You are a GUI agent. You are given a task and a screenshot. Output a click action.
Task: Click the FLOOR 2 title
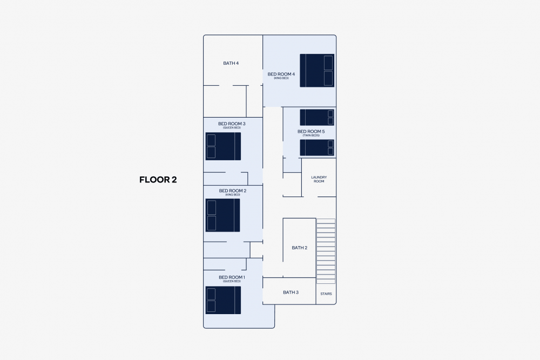(158, 180)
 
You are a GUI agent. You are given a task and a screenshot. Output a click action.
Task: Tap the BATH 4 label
(231, 63)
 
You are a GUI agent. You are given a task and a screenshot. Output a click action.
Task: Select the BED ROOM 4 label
(281, 74)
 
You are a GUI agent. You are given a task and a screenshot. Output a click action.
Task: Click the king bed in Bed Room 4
(317, 71)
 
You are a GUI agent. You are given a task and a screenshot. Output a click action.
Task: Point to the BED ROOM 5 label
(311, 132)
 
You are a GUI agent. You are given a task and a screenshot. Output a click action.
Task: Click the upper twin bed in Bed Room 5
(317, 117)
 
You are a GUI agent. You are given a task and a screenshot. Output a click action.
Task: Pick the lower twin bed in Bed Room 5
(317, 148)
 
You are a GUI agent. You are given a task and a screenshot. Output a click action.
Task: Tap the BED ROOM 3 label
(232, 124)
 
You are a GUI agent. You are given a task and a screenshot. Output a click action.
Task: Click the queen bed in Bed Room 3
(223, 146)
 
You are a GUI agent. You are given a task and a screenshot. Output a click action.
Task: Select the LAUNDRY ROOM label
(319, 179)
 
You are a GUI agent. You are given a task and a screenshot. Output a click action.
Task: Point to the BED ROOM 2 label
(232, 191)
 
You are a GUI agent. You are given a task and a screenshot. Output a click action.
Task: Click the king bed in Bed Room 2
(223, 215)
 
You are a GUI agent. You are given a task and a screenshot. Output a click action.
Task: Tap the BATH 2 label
(299, 248)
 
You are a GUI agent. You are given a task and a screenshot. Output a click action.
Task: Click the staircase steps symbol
(326, 251)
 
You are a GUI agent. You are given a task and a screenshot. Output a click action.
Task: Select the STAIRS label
(326, 294)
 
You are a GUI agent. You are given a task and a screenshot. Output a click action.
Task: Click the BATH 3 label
(291, 293)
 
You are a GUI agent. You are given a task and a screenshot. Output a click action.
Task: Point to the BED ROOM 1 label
(232, 277)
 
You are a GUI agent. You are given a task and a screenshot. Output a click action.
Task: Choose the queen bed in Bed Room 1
(223, 300)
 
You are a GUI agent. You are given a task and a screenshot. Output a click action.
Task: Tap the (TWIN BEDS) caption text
(311, 135)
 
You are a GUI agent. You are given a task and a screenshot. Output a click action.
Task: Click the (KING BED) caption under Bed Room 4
(281, 78)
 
